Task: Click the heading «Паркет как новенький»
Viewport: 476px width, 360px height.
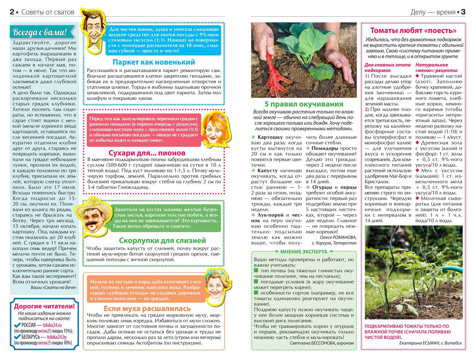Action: tap(154, 62)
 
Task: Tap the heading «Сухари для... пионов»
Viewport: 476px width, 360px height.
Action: tap(147, 153)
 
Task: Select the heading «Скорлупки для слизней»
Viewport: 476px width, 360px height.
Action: tap(162, 240)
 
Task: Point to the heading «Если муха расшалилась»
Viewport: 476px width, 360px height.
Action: tap(147, 308)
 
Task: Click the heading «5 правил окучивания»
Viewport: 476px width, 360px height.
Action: tap(304, 104)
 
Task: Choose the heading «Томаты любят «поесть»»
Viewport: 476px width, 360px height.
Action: tap(413, 30)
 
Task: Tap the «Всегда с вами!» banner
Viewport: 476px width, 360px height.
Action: tap(39, 32)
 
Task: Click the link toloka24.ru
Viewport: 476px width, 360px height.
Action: tap(52, 325)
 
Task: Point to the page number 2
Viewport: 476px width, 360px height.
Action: tap(12, 12)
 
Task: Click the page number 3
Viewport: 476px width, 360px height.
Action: tap(463, 12)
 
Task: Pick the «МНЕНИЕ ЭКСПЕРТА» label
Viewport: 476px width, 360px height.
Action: tap(303, 252)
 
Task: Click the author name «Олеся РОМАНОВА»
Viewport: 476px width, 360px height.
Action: tap(338, 237)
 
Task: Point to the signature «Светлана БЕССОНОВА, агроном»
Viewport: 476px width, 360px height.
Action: tap(322, 343)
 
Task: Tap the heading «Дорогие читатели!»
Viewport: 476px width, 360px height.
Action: tap(44, 306)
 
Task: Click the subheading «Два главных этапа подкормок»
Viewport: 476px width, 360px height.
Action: tap(387, 68)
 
